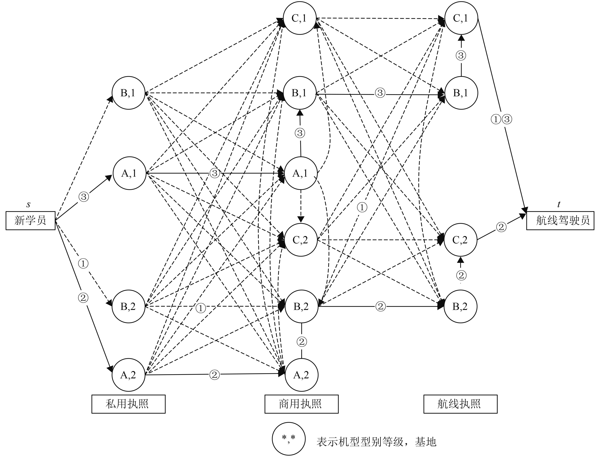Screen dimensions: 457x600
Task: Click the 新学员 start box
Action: [x=30, y=221]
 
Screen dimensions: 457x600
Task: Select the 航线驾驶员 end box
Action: [x=560, y=221]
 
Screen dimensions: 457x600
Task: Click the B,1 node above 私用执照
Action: [x=128, y=93]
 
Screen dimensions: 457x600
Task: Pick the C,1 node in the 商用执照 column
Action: [x=300, y=18]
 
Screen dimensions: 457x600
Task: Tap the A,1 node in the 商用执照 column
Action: [x=300, y=173]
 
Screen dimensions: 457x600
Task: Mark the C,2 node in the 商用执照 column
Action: [x=300, y=240]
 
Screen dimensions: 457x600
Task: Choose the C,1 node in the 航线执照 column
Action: [x=461, y=18]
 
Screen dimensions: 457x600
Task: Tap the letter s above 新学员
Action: [x=28, y=204]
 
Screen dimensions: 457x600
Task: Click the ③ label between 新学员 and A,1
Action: [x=84, y=196]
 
